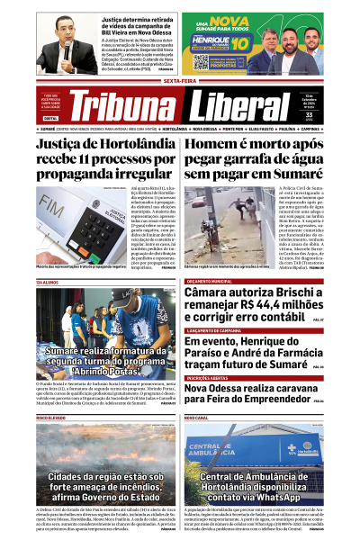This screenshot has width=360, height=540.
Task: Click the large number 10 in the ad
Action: [240, 41]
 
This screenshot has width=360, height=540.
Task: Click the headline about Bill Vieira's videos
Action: [136, 22]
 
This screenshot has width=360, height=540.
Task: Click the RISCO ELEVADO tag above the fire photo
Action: [51, 418]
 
